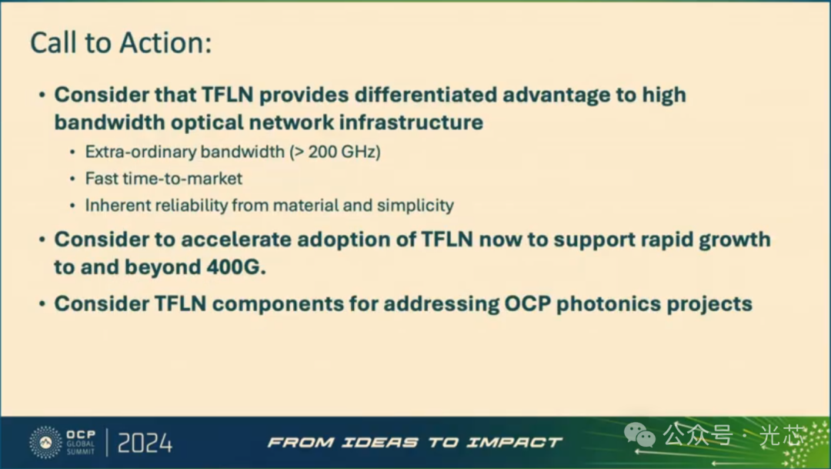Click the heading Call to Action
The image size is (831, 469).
pos(121,42)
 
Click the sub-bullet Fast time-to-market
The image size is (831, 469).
pos(164,178)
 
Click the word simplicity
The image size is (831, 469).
pos(415,206)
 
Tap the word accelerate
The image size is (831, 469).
pos(236,240)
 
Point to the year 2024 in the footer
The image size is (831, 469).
pos(145,443)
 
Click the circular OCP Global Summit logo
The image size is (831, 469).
pos(45,442)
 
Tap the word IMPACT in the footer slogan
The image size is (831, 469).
pos(514,442)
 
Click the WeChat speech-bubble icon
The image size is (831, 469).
pos(639,436)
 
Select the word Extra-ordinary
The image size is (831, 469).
pos(141,152)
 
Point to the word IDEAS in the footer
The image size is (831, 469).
pos(381,442)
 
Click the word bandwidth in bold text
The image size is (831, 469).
pos(109,122)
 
